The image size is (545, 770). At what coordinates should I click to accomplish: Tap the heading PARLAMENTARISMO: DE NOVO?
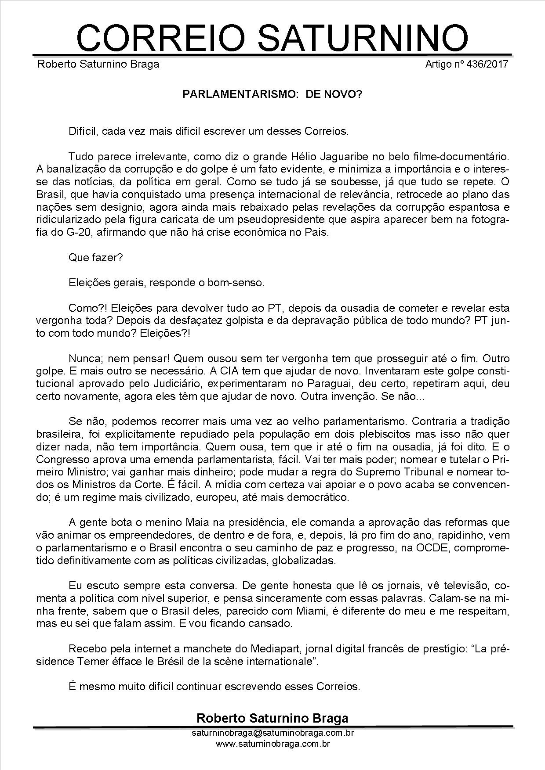pos(272,94)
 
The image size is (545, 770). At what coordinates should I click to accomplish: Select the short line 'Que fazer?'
pos(95,258)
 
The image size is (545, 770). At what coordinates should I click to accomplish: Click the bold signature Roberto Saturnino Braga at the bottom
pos(272,718)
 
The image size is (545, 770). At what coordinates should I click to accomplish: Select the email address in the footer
pos(272,733)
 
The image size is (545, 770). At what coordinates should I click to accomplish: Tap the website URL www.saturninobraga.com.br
pos(272,744)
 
